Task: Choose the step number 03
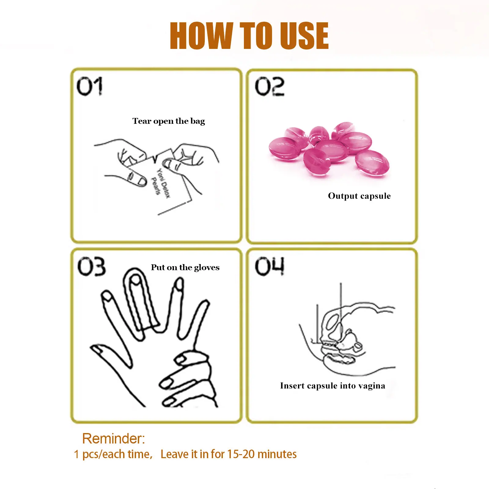[x=91, y=266]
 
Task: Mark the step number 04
[x=270, y=266]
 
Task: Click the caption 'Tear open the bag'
[x=169, y=121]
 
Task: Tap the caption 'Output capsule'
[x=359, y=196]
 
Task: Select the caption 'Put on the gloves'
[x=185, y=267]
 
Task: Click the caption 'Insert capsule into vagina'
[x=333, y=386]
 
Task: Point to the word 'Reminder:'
[x=113, y=439]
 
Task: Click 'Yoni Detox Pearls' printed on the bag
[x=160, y=183]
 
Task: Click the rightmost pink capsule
[x=372, y=163]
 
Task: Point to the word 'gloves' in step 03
[x=207, y=268]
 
